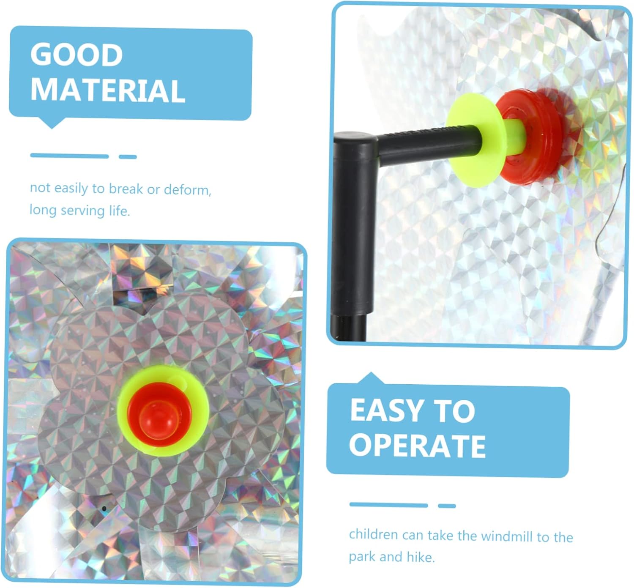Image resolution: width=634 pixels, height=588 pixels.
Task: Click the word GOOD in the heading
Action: [77, 55]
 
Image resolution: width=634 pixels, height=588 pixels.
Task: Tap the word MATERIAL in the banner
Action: [108, 91]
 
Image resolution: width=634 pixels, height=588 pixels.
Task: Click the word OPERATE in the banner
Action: [417, 446]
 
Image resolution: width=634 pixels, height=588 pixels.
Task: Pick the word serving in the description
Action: [83, 211]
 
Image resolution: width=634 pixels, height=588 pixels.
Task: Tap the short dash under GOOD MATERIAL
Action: [128, 157]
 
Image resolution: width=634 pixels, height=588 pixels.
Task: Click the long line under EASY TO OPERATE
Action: [388, 505]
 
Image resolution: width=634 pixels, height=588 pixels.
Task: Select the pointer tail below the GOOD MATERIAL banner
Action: [52, 123]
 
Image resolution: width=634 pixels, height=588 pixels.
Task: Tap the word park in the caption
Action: [362, 557]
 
